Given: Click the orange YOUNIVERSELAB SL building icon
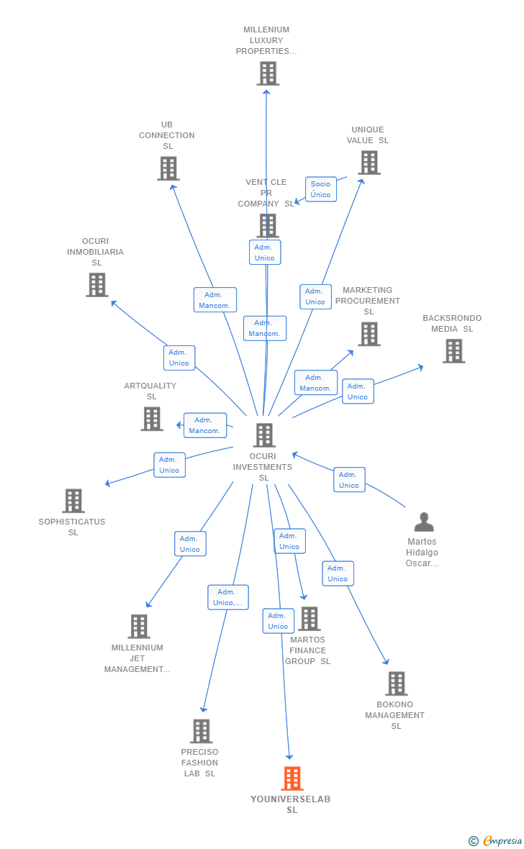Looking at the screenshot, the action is (292, 778).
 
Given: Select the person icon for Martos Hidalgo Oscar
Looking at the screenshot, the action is (424, 522).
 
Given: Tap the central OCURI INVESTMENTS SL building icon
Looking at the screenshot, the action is (264, 435).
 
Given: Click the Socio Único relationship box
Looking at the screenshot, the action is (321, 189).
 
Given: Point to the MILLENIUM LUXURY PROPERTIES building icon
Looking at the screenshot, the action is (268, 73).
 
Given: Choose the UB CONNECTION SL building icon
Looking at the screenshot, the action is (168, 168).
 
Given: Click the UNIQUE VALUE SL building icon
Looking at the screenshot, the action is (369, 163).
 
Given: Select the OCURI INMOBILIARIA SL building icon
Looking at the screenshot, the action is (98, 285).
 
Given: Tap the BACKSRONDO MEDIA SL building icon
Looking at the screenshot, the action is (454, 351).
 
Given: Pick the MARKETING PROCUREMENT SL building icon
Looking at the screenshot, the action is (369, 334).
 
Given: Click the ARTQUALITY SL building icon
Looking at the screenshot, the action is (152, 419).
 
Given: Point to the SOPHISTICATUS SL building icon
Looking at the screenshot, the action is (73, 501).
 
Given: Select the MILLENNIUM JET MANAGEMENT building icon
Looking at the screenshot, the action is (139, 627).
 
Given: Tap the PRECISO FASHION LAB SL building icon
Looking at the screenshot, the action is (201, 731).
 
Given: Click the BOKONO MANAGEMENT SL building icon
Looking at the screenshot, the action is (397, 684).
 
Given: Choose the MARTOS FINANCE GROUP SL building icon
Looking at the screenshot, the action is (310, 618).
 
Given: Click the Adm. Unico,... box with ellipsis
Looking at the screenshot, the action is (228, 597).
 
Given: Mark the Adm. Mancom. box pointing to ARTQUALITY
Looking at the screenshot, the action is (205, 425).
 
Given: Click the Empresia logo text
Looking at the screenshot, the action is (502, 840).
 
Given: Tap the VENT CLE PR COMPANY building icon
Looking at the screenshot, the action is (268, 225).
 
